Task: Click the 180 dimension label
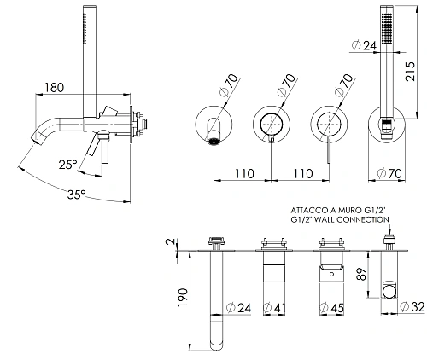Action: click(54, 88)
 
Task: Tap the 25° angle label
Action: click(68, 165)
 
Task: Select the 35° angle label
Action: click(77, 195)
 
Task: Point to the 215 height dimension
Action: click(410, 71)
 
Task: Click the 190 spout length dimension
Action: click(183, 298)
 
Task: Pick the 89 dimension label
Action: click(361, 274)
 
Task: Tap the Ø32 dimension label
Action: click(412, 306)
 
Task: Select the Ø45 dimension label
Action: click(331, 307)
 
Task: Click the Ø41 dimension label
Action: click(274, 307)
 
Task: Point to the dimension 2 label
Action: click(170, 242)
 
